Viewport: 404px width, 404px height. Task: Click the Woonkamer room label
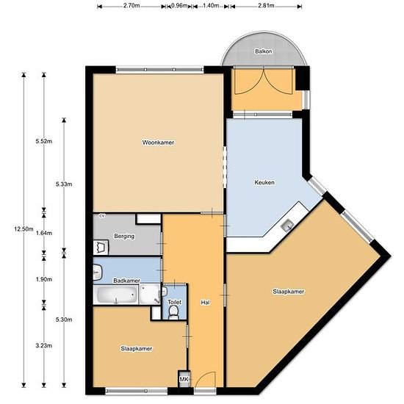coord(158,143)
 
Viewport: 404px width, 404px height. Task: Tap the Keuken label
coord(264,182)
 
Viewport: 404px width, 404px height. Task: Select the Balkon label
coord(263,51)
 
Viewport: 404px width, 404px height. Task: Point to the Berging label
coord(124,236)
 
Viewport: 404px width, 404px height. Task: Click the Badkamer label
coord(127,281)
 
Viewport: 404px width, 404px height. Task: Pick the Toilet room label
coord(174,302)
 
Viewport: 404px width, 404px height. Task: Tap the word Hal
coord(205,303)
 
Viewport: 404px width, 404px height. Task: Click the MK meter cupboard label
coord(184,379)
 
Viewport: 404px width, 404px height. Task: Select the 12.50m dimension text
coord(24,228)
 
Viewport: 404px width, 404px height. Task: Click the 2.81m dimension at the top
coord(266,5)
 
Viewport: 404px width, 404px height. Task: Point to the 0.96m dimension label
coord(179,5)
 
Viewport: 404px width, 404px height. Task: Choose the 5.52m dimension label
coord(44,141)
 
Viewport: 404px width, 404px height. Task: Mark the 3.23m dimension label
coord(44,345)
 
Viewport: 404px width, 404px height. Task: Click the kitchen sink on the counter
coord(287,226)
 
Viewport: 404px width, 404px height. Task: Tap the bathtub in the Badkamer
coord(115,295)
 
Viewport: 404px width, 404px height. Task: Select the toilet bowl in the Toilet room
coord(173,313)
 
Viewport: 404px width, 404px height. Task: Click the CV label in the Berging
coord(102,216)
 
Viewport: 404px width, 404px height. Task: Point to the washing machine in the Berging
coord(101,248)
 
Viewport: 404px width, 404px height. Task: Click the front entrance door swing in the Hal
coord(205,380)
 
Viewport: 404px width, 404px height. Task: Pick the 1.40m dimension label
coord(211,5)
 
